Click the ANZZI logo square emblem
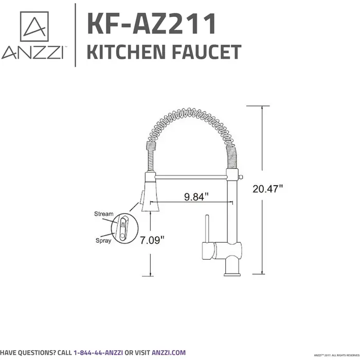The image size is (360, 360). point(34,26)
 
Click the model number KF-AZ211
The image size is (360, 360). point(151,24)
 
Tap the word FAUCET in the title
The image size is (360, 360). point(208,52)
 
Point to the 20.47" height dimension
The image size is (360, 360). point(268,189)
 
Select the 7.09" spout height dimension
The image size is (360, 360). point(151,240)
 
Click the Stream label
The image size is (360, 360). point(103,214)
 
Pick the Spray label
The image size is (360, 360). point(103,240)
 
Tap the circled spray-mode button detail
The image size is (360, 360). point(123,227)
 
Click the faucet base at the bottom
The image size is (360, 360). point(232,270)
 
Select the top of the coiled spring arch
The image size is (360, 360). point(191,113)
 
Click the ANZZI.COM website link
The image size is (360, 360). point(169,352)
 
